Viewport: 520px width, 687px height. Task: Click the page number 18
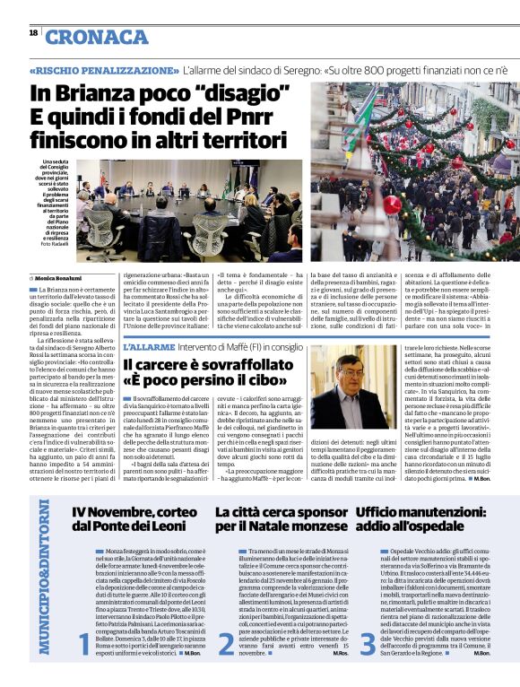[x=33, y=33]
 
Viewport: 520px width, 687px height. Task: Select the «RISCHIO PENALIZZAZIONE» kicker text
[x=103, y=69]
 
